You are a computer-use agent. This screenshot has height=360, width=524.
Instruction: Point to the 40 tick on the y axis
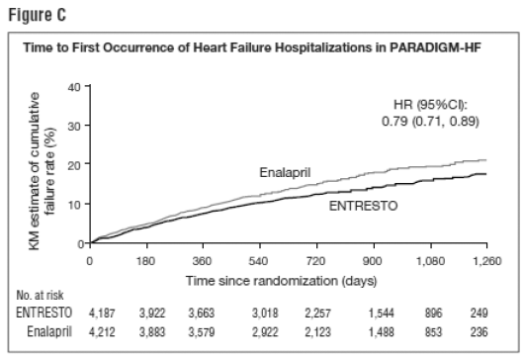pos(74,88)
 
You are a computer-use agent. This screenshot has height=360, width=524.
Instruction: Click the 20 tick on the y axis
pos(74,165)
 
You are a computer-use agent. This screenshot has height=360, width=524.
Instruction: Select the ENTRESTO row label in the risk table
pos(46,312)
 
